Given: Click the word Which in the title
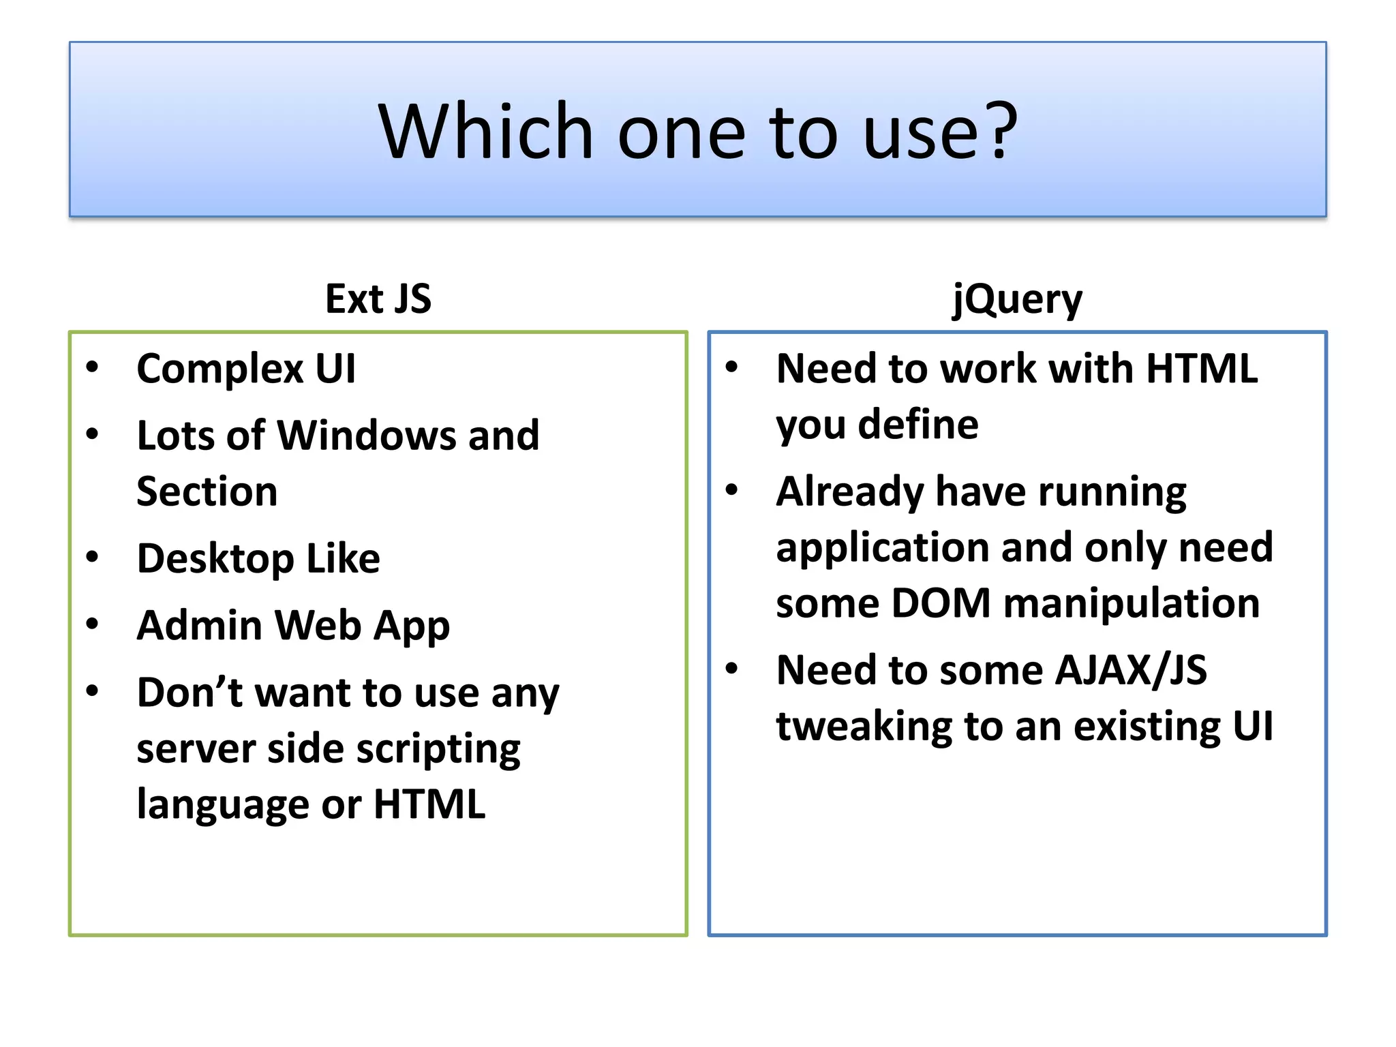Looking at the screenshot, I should tap(485, 131).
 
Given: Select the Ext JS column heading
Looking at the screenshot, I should tap(378, 299).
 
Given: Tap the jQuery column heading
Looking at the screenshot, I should tap(1017, 300).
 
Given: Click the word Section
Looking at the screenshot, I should tap(207, 491).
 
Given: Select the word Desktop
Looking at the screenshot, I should tap(215, 560).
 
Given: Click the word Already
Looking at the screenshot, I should tap(850, 493).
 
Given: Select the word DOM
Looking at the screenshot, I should tap(941, 604).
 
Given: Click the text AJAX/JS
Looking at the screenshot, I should tap(1130, 671).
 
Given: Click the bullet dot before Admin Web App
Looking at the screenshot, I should tap(93, 624).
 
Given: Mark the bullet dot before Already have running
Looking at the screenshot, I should tap(732, 490).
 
